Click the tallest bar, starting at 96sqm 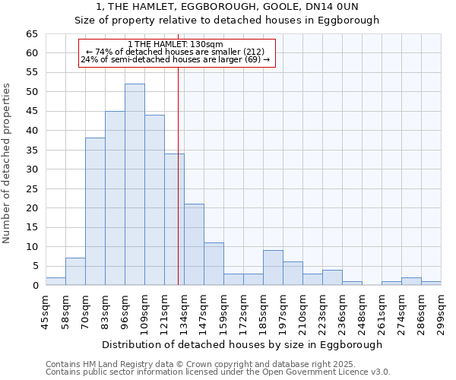[135, 185]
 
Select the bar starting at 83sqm [115, 198]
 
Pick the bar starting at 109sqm [154, 200]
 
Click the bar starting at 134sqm [194, 245]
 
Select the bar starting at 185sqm [273, 268]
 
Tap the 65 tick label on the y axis [31, 34]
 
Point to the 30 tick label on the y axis [31, 169]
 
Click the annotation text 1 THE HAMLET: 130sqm [176, 45]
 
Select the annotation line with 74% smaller [176, 52]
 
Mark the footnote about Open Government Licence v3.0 [218, 372]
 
